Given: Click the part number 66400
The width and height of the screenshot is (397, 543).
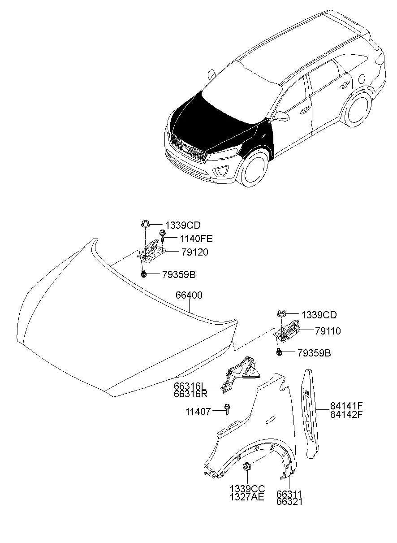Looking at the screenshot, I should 189,295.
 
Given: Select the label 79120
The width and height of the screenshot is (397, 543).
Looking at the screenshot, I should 194,252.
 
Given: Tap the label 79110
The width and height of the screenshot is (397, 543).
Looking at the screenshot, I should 328,331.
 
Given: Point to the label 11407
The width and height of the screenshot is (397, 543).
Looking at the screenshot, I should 198,411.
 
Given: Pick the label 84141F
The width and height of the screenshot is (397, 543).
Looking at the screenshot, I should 346,405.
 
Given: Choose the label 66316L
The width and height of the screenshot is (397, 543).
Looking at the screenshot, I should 190,386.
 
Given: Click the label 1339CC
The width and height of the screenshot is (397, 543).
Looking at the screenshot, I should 247,488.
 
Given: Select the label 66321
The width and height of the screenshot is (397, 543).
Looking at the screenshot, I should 289,502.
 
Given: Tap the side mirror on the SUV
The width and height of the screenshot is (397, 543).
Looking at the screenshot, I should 281,116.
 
